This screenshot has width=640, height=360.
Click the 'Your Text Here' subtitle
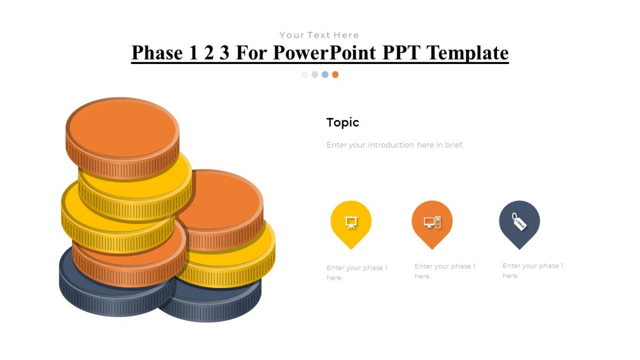pos(319,35)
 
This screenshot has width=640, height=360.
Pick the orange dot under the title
pos(335,75)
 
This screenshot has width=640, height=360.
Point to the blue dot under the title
pos(325,75)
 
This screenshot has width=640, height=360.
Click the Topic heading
pos(342,122)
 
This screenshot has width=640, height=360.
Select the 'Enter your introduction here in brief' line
pos(395,145)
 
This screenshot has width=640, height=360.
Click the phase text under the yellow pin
pos(357,273)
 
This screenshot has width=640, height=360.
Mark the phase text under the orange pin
pos(445,271)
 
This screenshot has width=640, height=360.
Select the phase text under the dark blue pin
pos(533,270)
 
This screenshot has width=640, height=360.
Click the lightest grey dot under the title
pos(305,75)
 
